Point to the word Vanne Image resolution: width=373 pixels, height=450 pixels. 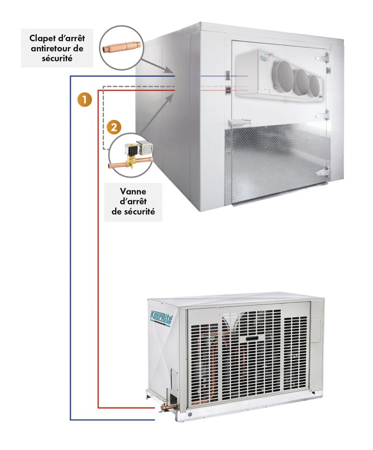coord(133,192)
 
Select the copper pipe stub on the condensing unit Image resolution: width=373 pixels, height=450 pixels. coord(166,410)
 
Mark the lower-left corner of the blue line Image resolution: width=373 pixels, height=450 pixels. coord(71,420)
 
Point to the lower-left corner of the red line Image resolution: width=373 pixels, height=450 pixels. coord(98,407)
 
